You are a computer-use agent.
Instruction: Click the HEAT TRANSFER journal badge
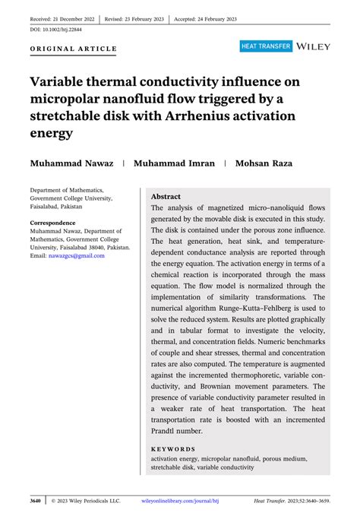click(x=266, y=46)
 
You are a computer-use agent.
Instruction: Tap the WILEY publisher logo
click(x=314, y=46)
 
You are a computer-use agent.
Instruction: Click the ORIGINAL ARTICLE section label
click(x=74, y=49)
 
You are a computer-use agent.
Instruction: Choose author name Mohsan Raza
click(x=268, y=163)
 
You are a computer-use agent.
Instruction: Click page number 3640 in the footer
click(x=36, y=501)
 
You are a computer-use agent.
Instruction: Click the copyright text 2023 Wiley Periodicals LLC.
click(x=87, y=501)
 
